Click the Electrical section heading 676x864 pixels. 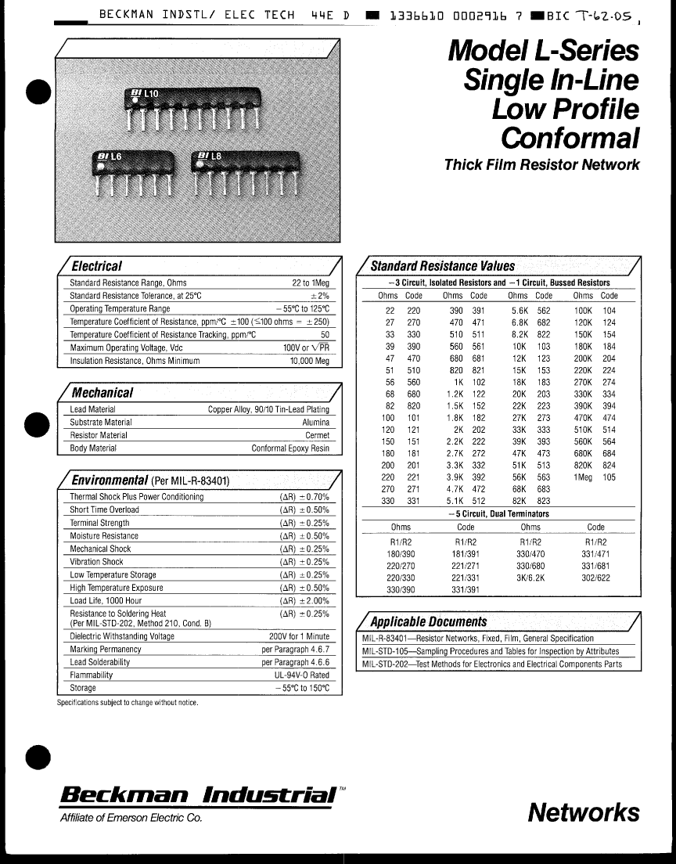coord(96,266)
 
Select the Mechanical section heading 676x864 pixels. coord(102,393)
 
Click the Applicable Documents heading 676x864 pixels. coord(428,621)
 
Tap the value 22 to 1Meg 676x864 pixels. coord(311,283)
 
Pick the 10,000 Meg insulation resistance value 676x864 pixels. coord(310,362)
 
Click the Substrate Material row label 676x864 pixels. coord(101,423)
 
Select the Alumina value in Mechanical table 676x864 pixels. coord(316,423)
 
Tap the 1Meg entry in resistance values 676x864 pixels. coord(583,477)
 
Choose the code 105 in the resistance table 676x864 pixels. coord(609,477)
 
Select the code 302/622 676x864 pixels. coord(595,578)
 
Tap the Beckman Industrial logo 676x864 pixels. coord(200,794)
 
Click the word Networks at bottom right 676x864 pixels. coord(583,812)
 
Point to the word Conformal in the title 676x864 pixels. coord(569,138)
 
